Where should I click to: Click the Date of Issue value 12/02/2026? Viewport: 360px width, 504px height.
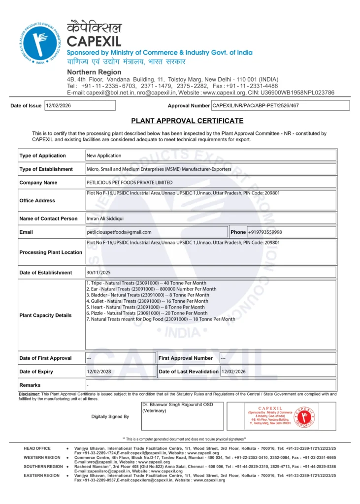pyautogui.click(x=58, y=105)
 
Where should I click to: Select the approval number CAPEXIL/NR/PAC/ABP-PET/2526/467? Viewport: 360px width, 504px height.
pyautogui.click(x=256, y=105)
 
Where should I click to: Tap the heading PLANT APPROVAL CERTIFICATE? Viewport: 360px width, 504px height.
pyautogui.click(x=187, y=121)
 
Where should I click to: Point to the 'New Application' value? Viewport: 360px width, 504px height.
pyautogui.click(x=104, y=156)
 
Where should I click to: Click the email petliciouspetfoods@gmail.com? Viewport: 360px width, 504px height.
pyautogui.click(x=119, y=232)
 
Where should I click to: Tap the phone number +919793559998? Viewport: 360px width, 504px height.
pyautogui.click(x=265, y=232)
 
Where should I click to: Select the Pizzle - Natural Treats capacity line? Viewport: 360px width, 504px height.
pyautogui.click(x=147, y=313)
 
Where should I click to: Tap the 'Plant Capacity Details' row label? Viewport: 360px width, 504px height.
pyautogui.click(x=45, y=315)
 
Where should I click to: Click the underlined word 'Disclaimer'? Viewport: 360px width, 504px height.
pyautogui.click(x=29, y=394)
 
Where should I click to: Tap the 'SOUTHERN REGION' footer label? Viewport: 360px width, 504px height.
pyautogui.click(x=43, y=466)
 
